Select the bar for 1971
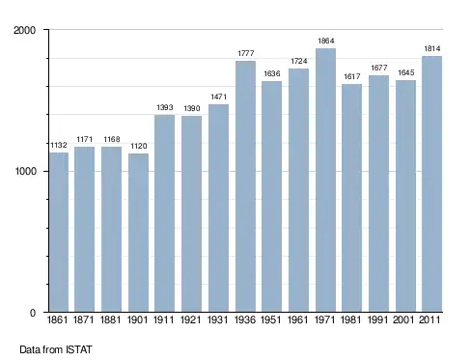click(x=325, y=180)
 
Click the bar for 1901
click(x=138, y=233)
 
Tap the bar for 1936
click(x=245, y=186)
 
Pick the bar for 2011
click(x=431, y=184)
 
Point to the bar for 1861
click(x=59, y=232)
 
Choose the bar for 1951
click(x=272, y=196)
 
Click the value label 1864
click(x=326, y=41)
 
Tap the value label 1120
click(x=139, y=146)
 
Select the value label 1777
click(x=246, y=53)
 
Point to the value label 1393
click(x=165, y=107)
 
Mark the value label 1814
click(x=432, y=48)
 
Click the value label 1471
click(x=219, y=97)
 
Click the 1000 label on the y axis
click(x=26, y=171)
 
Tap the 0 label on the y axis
click(x=33, y=313)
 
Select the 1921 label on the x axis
click(x=191, y=319)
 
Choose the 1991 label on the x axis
click(x=378, y=319)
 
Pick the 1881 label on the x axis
click(x=110, y=319)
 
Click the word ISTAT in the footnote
click(x=79, y=349)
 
